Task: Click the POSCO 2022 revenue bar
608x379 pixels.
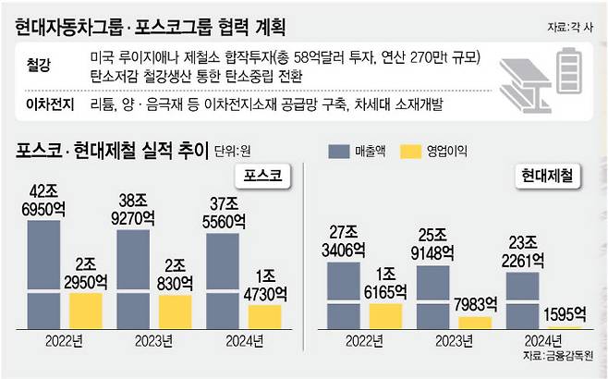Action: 43,275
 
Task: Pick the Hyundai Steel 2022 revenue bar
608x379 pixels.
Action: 344,296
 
